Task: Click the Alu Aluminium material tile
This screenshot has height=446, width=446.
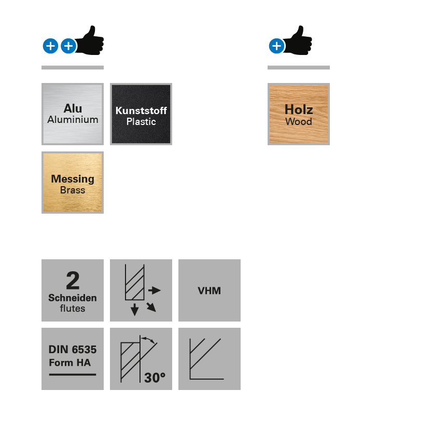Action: click(73, 114)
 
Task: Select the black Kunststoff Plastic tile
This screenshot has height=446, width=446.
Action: click(141, 114)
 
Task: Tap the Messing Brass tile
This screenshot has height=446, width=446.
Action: click(73, 182)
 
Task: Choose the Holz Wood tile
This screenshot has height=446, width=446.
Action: click(299, 114)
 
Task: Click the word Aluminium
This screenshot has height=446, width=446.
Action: click(73, 120)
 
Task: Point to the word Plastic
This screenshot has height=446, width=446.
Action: click(141, 122)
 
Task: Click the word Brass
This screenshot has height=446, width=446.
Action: click(73, 190)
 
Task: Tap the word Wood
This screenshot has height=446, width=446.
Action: click(299, 122)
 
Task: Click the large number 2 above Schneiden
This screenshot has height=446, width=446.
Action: click(73, 281)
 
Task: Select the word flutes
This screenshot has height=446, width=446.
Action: click(73, 309)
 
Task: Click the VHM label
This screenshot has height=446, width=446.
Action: click(210, 291)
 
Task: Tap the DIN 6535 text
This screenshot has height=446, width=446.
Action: click(73, 350)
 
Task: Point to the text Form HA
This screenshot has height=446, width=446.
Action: click(69, 363)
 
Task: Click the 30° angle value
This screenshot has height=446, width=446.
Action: click(155, 378)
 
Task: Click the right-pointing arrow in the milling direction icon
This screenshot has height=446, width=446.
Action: click(155, 290)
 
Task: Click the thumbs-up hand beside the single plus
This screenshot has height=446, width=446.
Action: click(299, 41)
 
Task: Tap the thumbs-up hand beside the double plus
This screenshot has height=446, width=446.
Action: click(91, 41)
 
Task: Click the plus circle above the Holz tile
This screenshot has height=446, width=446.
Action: click(276, 46)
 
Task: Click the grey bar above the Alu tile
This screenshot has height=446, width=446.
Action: click(73, 67)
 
